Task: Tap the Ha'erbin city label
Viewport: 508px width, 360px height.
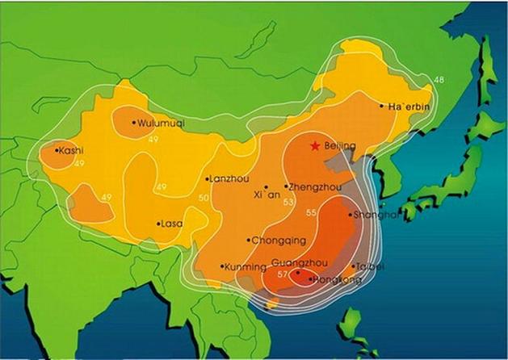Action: coord(408,107)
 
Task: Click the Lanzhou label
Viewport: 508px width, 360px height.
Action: coord(229,179)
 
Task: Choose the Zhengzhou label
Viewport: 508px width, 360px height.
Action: coord(315,186)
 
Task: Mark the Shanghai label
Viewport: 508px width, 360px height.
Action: coord(376,215)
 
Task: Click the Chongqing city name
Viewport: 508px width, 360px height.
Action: coord(279,241)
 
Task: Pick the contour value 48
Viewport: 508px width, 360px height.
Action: coord(439,80)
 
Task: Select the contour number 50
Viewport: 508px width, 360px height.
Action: coord(204,198)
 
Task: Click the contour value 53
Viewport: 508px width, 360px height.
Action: coord(288,203)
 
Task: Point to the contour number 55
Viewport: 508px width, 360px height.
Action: coord(312,212)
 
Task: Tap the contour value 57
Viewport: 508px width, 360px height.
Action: coord(282,275)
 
